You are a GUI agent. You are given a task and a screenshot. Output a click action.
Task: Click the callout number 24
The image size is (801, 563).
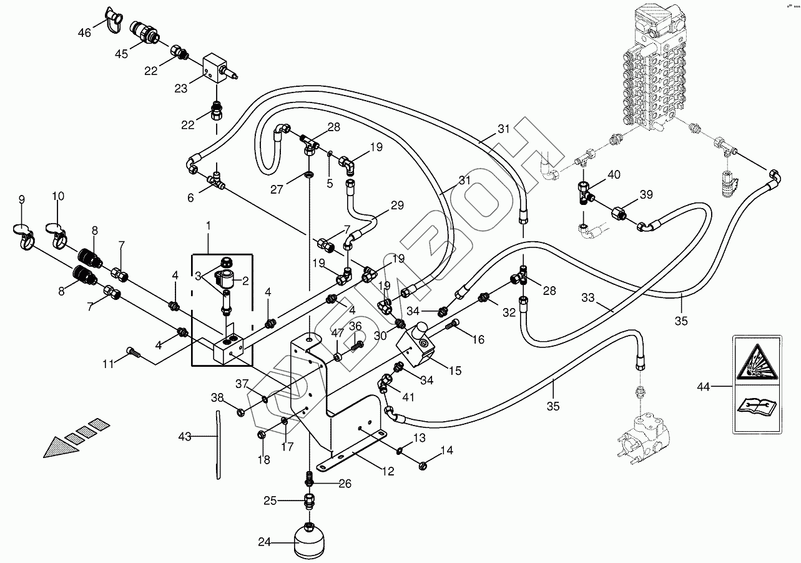click(264, 542)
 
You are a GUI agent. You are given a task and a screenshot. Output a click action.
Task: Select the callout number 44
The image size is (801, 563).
click(704, 387)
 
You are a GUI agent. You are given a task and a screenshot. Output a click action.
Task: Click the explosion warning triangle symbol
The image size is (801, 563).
click(755, 362)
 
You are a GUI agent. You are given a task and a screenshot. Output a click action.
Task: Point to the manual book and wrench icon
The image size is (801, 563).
click(755, 407)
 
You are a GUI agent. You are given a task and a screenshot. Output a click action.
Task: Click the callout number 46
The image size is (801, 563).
click(84, 32)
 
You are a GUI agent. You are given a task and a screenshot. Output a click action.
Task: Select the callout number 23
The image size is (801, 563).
click(180, 89)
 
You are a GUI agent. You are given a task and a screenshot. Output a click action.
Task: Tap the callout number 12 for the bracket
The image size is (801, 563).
click(388, 472)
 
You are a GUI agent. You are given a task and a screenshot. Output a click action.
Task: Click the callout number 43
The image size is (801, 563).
click(185, 436)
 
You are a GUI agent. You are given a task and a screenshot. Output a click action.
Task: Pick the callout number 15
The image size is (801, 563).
click(455, 371)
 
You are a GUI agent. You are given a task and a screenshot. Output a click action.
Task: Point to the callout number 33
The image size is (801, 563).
click(588, 299)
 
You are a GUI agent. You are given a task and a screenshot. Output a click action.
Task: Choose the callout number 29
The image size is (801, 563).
click(397, 205)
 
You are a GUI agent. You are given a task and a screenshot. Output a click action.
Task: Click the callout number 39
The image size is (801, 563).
click(646, 194)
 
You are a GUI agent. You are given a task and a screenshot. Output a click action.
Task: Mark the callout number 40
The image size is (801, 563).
click(614, 174)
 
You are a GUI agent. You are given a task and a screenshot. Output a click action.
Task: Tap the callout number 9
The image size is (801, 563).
click(21, 199)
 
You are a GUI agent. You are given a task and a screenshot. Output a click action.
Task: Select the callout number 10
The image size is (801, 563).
click(57, 196)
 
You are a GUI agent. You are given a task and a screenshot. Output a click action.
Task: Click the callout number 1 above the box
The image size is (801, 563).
click(209, 224)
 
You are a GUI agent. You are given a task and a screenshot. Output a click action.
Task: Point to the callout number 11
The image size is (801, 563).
click(108, 364)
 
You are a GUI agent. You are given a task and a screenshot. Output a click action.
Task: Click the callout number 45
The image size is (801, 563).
click(120, 54)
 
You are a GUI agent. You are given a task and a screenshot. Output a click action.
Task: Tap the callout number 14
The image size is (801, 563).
click(446, 450)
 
